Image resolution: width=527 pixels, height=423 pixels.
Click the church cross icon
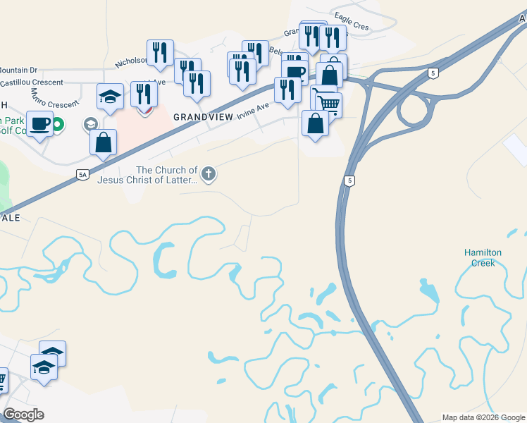tap(208, 173)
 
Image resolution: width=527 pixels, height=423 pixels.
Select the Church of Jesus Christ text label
tap(148, 175)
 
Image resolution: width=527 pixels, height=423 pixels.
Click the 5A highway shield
tap(83, 175)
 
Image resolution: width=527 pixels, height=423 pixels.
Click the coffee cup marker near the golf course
tap(40, 123)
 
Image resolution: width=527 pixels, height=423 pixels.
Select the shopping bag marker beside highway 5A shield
tap(103, 142)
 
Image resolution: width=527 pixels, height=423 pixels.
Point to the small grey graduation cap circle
tap(90, 125)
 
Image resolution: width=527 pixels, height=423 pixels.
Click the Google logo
tap(23, 415)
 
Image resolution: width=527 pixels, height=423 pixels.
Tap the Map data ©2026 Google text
tap(483, 417)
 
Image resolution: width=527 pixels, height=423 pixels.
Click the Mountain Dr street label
tap(18, 70)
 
